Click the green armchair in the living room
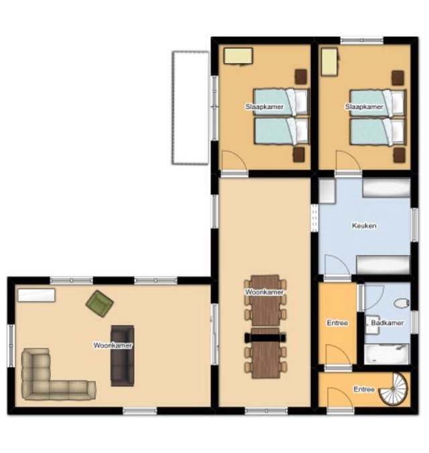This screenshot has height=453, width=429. point(100,304)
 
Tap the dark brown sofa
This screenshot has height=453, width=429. point(123,357)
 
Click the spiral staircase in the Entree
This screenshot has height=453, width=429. point(395,389)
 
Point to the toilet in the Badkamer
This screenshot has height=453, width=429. point(402,304)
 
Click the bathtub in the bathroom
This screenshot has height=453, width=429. point(387,354)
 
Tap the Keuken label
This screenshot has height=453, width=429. point(364,226)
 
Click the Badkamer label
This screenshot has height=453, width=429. point(387,323)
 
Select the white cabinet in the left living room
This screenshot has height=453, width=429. point(36,296)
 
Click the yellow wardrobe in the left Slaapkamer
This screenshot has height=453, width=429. point(239,56)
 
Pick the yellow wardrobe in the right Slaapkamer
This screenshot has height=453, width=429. point(330,62)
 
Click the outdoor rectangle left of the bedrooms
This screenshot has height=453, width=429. point(190,108)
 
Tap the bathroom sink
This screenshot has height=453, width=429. point(372,325)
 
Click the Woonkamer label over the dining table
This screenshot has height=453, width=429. point(265,292)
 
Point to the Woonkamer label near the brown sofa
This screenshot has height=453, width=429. point(113,346)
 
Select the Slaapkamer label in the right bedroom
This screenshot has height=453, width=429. point(364,107)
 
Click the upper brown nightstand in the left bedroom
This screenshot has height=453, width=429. point(301,76)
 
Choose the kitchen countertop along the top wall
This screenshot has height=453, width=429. point(387,188)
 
